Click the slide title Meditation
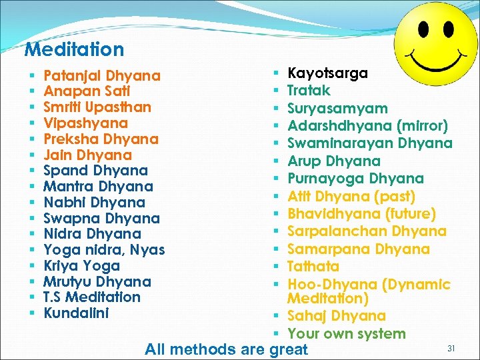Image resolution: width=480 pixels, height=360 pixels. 74,49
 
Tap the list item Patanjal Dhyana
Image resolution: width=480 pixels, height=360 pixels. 102,76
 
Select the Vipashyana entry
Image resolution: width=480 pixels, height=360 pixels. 85,123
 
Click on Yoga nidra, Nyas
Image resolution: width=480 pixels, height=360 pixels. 104,250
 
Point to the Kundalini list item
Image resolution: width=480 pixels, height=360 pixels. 76,313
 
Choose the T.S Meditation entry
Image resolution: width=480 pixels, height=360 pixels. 92,297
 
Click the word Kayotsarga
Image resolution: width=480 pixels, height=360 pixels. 327,73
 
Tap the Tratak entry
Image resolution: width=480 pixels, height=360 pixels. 309,91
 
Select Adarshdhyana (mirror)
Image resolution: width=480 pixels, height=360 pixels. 367,126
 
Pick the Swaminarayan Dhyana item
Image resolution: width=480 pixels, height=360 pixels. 370,143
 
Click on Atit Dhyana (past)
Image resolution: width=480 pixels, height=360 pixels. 351,197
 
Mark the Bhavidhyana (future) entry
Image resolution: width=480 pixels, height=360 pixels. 362,214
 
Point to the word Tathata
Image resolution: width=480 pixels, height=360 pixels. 313,267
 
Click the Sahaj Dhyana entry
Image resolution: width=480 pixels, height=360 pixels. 337,316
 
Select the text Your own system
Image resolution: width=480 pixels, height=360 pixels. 347,334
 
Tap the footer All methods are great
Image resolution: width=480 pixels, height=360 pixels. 227,349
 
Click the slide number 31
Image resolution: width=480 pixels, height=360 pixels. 451,347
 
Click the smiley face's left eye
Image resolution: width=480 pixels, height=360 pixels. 422,29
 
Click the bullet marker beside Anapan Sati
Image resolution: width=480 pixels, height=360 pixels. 32,91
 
